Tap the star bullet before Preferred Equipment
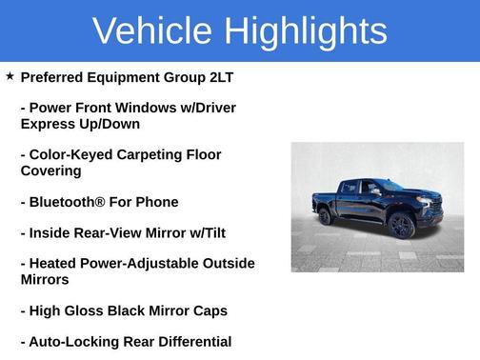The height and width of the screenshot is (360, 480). coord(10,75)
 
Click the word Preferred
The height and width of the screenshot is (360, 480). coord(55,76)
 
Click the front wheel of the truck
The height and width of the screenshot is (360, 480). coord(401,228)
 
